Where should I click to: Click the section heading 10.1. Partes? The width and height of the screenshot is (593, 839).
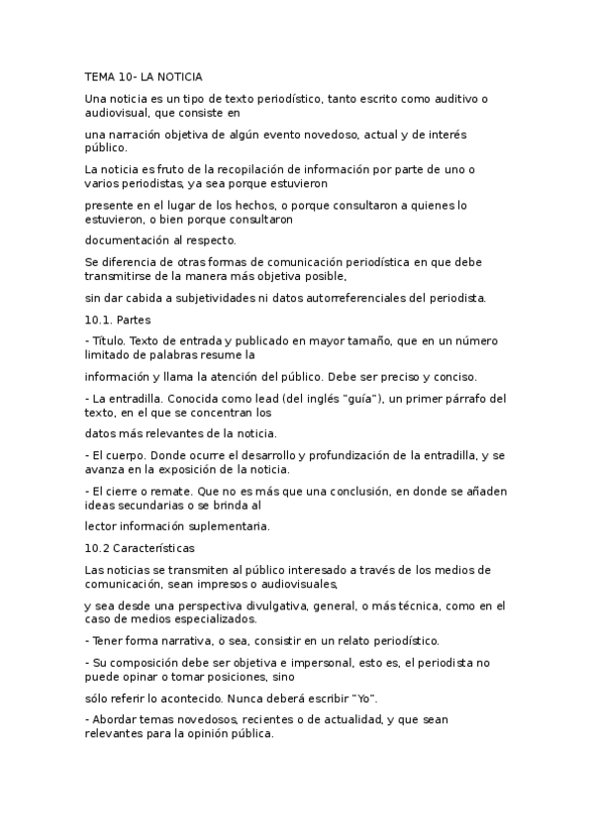111,320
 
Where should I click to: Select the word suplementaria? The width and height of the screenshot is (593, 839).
231,526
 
